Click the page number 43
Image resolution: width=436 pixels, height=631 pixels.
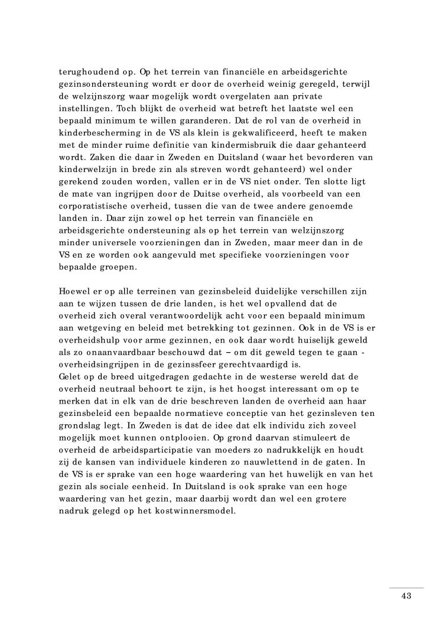point(406,596)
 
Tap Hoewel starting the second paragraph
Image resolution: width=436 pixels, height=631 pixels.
point(75,291)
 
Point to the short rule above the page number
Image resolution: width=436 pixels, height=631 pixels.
point(406,587)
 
